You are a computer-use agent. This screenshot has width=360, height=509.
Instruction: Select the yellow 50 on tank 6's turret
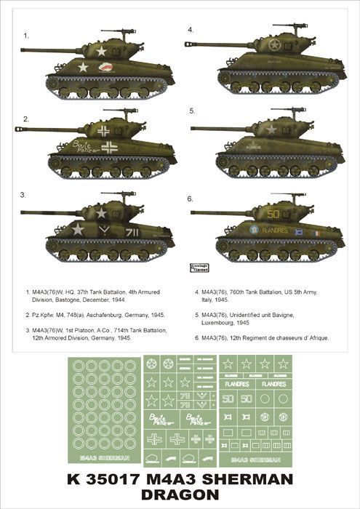(273, 215)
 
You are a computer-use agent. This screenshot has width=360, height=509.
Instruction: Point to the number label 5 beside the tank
(191, 111)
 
